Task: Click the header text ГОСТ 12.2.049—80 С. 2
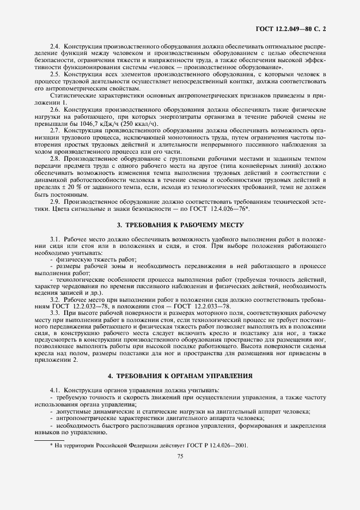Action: (294, 27)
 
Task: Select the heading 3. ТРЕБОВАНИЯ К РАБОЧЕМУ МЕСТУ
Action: (180, 225)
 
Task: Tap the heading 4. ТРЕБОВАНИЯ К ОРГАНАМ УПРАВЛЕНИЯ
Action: (180, 375)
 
